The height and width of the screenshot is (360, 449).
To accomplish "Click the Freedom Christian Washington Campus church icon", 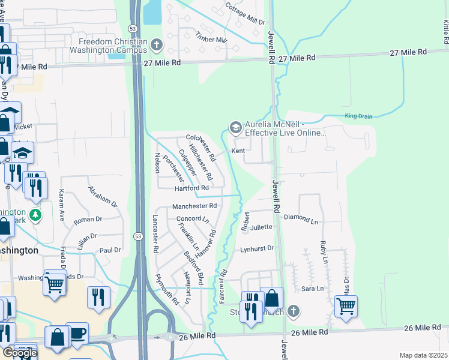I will click(157, 44).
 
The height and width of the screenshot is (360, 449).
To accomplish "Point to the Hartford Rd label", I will click(191, 188).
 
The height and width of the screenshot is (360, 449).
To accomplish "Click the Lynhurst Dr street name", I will click(257, 248).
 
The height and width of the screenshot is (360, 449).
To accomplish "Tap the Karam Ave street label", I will click(62, 206).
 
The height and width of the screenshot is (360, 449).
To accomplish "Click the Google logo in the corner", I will click(20, 352).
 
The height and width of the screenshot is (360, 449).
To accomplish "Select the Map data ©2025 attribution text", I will click(423, 355).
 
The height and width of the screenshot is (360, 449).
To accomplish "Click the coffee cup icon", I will click(77, 332).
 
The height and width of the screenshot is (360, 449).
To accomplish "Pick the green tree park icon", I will click(36, 215).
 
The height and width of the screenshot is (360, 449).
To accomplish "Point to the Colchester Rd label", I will click(200, 146).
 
